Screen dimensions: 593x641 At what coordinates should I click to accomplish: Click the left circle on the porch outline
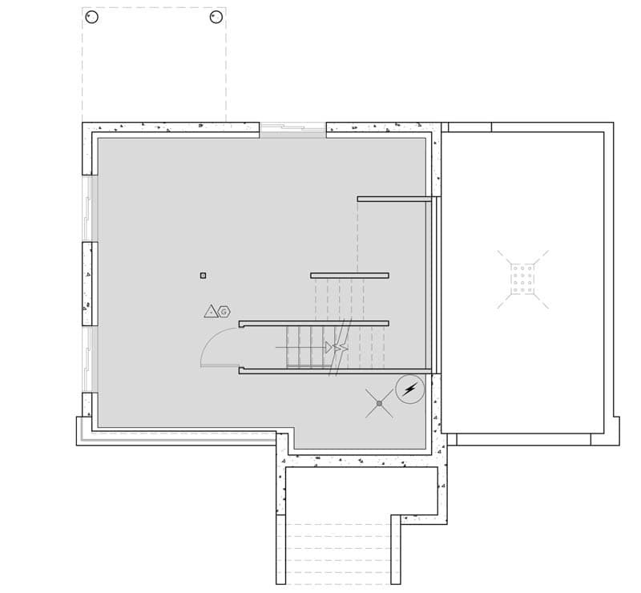[x=91, y=17]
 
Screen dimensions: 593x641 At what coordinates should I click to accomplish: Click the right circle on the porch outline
[x=216, y=17]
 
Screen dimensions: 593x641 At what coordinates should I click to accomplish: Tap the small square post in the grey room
[x=203, y=276]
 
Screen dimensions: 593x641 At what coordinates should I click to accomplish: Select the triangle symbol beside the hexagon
[x=212, y=312]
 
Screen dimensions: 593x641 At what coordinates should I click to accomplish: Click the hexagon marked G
[x=224, y=312]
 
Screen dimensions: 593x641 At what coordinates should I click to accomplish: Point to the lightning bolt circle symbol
[x=410, y=389]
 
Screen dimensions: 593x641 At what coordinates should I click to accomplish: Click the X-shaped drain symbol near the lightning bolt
[x=379, y=403]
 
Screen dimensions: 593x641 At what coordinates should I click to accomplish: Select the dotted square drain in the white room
[x=522, y=279]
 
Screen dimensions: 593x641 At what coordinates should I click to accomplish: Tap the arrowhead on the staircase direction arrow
[x=329, y=347]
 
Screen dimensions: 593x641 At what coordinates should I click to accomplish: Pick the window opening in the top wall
[x=292, y=127]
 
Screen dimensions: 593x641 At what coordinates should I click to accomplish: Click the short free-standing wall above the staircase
[x=349, y=275]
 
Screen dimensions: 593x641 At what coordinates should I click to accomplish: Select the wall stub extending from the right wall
[x=394, y=199]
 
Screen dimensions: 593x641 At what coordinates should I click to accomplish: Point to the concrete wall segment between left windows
[x=89, y=284]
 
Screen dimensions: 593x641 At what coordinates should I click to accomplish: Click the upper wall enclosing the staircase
[x=313, y=323]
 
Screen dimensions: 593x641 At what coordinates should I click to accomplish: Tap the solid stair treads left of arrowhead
[x=304, y=346]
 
